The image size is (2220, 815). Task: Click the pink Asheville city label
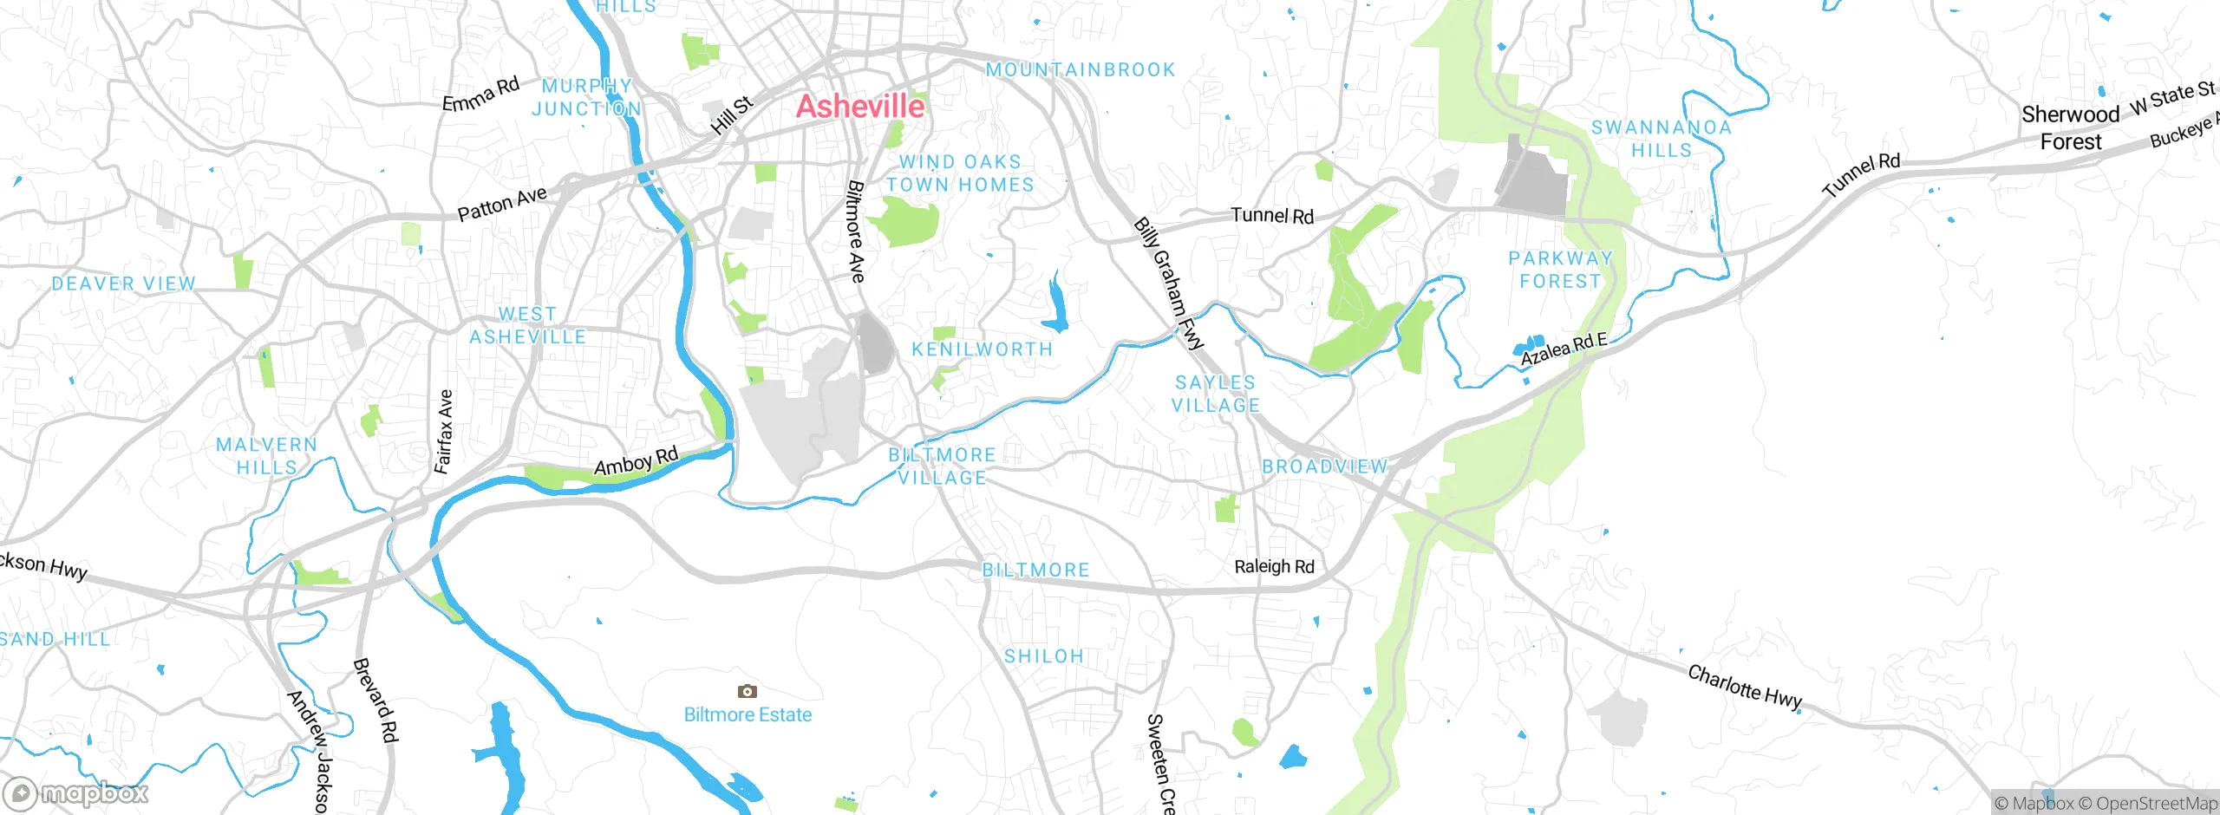[860, 107]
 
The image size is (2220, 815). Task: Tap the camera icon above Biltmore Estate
[748, 691]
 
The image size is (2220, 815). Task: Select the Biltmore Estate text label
[748, 715]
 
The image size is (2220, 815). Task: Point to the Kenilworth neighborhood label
[982, 349]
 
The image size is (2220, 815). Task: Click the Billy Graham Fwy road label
[1169, 284]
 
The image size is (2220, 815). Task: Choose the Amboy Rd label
[636, 462]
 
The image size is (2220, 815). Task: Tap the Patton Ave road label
[502, 204]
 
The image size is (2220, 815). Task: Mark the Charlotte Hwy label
[1745, 687]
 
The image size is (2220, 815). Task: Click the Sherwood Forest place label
[2071, 127]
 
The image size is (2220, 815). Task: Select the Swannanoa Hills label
[1661, 139]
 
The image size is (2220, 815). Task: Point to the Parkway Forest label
[1560, 270]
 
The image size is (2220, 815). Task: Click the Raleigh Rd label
[1274, 566]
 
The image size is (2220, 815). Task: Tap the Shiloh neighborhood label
[1044, 656]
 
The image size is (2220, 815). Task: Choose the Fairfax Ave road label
[444, 432]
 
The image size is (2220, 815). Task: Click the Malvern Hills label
[266, 456]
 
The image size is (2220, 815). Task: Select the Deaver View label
[124, 284]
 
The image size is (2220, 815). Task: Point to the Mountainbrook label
[1081, 69]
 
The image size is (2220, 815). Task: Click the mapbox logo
[76, 793]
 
